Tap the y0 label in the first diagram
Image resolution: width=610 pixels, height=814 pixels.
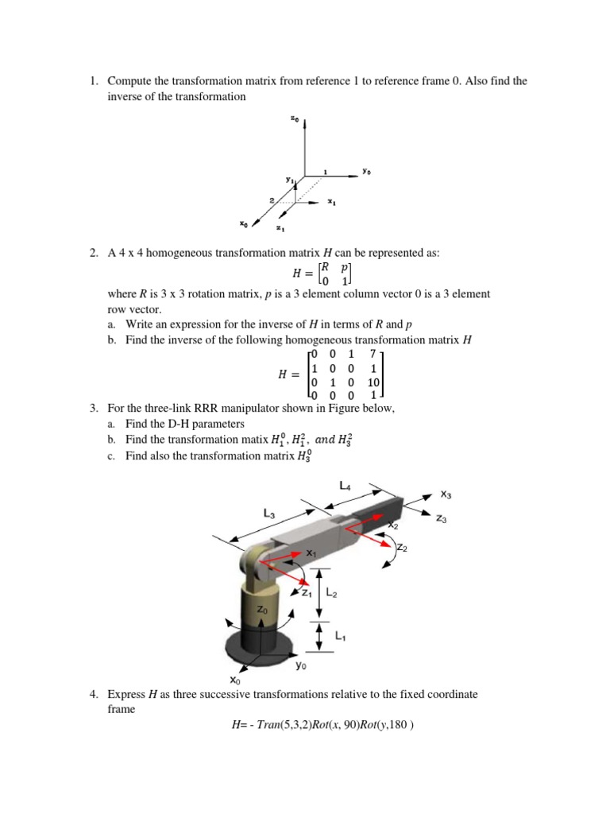(x=366, y=170)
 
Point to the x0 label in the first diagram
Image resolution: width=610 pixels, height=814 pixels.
(x=244, y=225)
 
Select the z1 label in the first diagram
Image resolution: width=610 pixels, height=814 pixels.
(x=280, y=229)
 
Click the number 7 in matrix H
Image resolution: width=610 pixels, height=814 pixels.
(x=373, y=353)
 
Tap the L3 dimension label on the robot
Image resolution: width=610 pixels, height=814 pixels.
(x=269, y=514)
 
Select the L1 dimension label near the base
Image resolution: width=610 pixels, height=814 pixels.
(x=339, y=635)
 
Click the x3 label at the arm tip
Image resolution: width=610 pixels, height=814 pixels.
(x=447, y=493)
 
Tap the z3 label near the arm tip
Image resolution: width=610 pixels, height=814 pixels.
(x=442, y=518)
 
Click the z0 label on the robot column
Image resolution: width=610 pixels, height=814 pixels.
(x=263, y=608)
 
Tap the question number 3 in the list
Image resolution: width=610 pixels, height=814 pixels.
(x=93, y=408)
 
